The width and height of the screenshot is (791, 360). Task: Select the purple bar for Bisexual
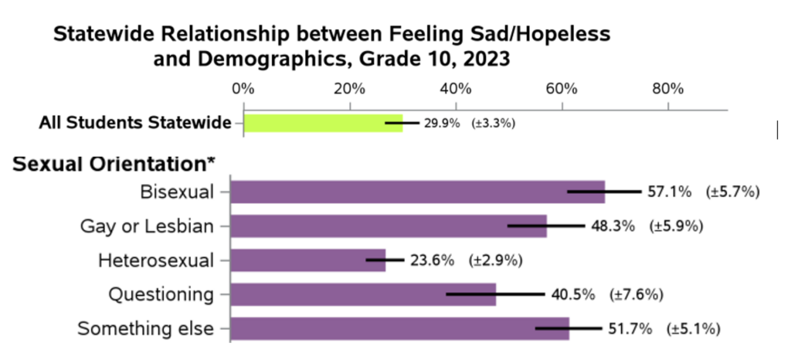[417, 192]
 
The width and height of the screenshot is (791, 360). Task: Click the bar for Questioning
[363, 294]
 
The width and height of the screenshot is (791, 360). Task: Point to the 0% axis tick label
[243, 88]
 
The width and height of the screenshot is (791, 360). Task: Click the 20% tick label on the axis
[350, 88]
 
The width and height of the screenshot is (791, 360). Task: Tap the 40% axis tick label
[456, 88]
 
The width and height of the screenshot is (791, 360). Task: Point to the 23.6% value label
[432, 260]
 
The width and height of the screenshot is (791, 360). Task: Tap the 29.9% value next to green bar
[442, 123]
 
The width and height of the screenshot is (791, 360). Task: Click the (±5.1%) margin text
[694, 328]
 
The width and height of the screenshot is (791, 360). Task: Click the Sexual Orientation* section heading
[114, 164]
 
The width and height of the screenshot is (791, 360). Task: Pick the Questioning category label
[161, 294]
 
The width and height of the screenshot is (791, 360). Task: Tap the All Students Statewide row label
[136, 123]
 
